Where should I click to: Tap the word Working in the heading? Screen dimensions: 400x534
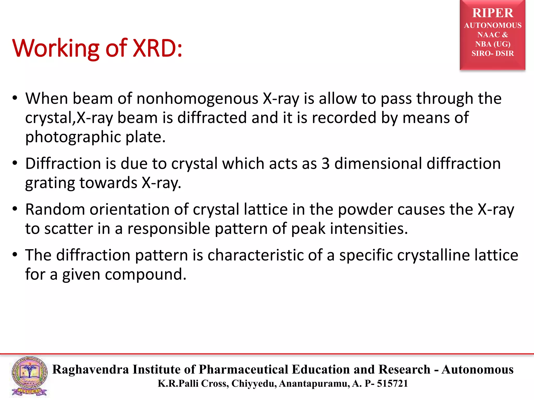point(56,48)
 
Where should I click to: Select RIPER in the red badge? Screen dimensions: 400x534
point(493,13)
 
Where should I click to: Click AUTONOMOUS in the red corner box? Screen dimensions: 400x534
point(493,26)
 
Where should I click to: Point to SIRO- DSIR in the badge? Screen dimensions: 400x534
point(493,53)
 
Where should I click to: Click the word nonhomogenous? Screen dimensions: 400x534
point(197,99)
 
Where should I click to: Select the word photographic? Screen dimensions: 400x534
point(73,137)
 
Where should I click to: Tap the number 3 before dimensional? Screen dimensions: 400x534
point(325,164)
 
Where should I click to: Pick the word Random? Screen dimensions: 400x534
point(55,209)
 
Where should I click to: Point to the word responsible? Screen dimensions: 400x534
point(168,229)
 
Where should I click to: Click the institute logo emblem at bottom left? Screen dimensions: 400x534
point(29,376)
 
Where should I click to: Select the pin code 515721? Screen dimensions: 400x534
point(392,384)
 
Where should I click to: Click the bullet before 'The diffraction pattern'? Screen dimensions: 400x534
point(15,254)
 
